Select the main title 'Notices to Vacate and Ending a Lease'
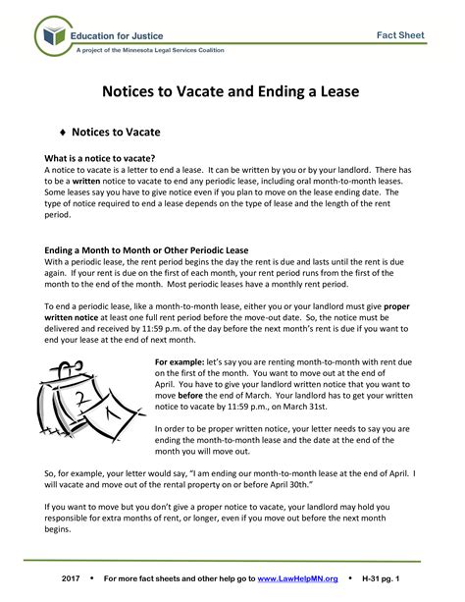tap(232, 92)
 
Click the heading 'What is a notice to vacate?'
tap(101, 158)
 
